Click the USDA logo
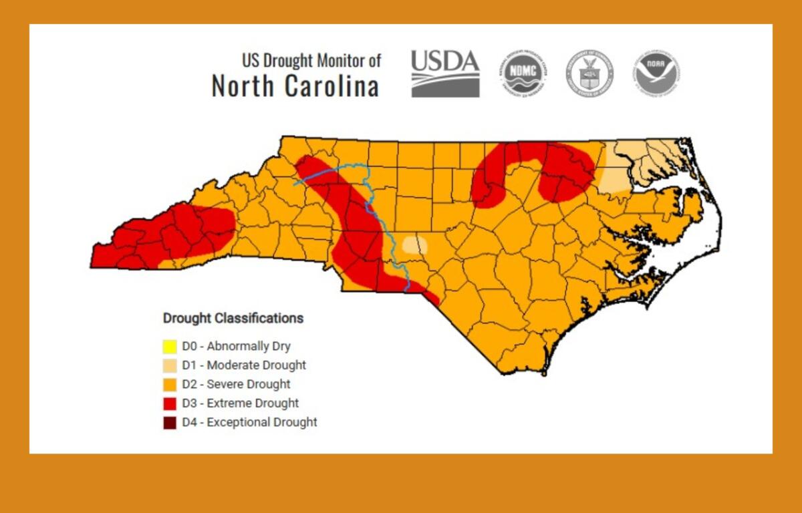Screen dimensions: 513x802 click(x=445, y=73)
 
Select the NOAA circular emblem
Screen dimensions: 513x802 click(x=657, y=73)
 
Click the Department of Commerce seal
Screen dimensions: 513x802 click(x=589, y=73)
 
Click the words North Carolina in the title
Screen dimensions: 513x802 click(x=295, y=86)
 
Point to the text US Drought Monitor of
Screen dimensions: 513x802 click(x=311, y=61)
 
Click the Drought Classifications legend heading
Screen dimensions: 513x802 click(x=233, y=318)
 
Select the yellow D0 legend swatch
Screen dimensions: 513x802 click(x=170, y=347)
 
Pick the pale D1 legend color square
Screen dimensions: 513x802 click(x=170, y=365)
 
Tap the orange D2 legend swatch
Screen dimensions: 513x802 click(x=170, y=384)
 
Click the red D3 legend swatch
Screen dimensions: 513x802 click(x=170, y=403)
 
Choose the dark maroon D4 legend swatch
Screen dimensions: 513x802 click(x=170, y=422)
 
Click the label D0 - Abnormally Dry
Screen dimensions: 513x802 click(x=236, y=347)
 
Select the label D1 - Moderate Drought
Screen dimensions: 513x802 click(x=244, y=365)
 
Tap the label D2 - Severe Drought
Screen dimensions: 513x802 click(x=236, y=384)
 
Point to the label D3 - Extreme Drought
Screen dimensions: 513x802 click(x=240, y=403)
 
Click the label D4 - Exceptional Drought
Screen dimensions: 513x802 click(x=249, y=422)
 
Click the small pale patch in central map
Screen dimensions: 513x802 click(x=414, y=244)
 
